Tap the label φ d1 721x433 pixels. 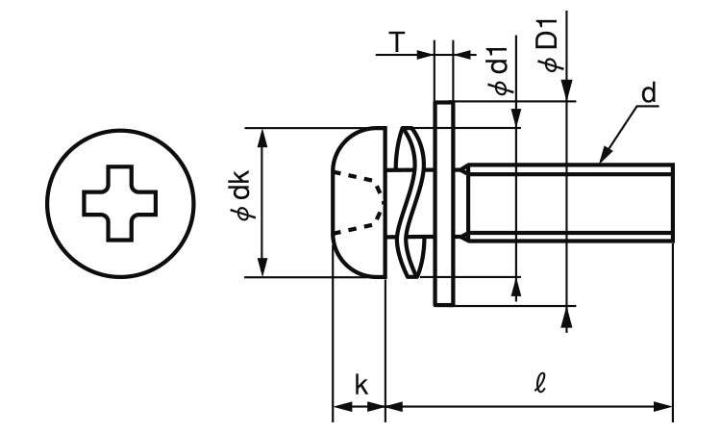tap(499, 73)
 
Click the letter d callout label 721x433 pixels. tap(649, 93)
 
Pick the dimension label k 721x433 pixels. tap(360, 386)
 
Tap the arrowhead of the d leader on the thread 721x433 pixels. tap(605, 157)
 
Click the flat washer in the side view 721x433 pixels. tap(444, 202)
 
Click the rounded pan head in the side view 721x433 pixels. tap(358, 202)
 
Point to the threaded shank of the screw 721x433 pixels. tap(567, 202)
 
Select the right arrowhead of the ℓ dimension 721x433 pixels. tap(665, 407)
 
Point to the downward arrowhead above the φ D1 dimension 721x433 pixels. tap(568, 92)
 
